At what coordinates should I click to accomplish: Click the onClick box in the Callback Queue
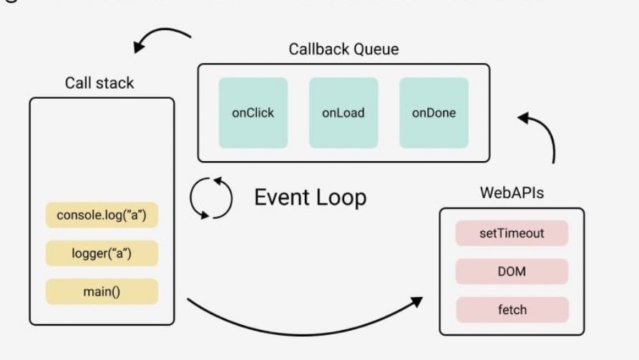253,113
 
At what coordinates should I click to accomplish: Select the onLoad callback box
343,113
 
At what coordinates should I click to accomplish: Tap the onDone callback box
434,113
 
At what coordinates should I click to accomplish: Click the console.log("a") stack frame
101,215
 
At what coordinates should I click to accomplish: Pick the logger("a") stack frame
101,254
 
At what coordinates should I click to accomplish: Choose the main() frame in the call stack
101,292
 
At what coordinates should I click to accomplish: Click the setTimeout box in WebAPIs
512,233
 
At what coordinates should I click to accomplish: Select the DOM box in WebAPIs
512,271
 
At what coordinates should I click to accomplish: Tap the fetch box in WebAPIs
512,309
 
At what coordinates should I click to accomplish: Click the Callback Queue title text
343,49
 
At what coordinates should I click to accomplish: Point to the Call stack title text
99,83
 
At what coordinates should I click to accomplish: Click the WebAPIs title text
511,194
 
